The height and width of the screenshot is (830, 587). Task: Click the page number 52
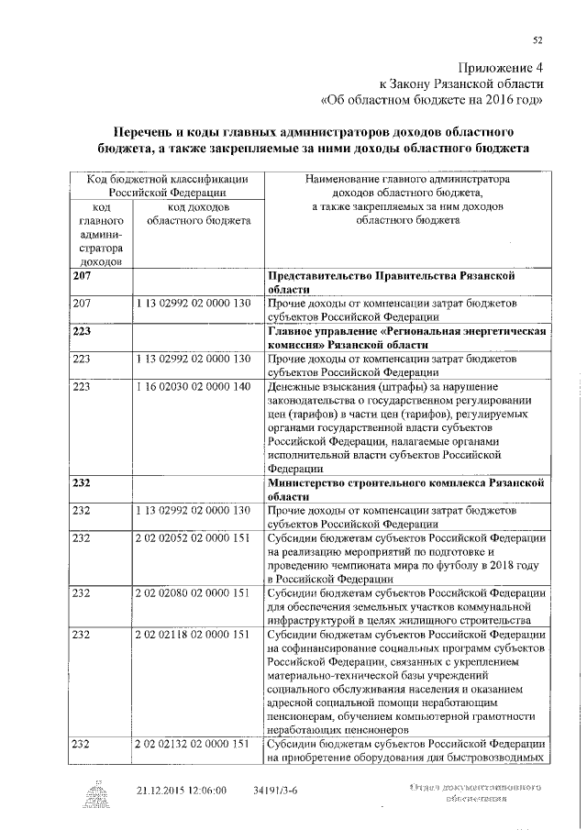[x=538, y=39]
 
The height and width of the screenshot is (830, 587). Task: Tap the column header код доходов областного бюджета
[x=197, y=215]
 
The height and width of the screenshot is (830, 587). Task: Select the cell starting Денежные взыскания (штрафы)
[x=406, y=426]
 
